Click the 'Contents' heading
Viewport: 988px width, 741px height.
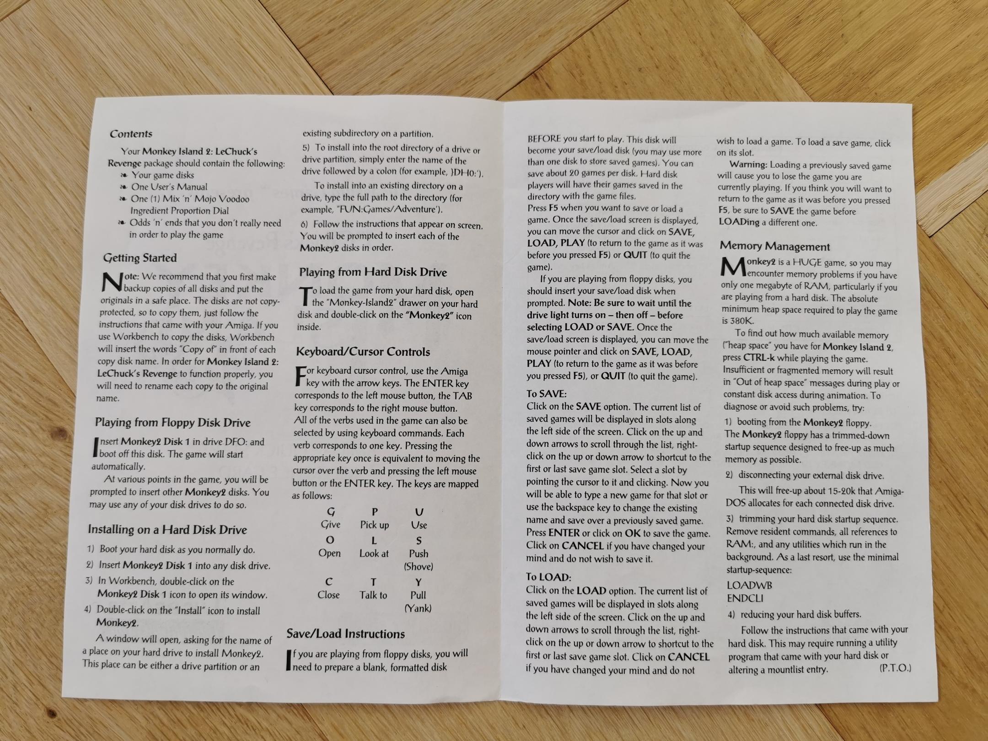pos(131,134)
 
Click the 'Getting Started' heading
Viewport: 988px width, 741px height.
pos(140,258)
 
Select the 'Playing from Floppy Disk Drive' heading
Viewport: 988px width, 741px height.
pos(172,423)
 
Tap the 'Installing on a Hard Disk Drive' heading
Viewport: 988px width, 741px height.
pos(167,530)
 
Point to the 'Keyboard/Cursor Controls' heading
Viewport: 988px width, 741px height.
pos(363,352)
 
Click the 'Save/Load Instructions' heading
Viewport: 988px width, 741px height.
pos(346,634)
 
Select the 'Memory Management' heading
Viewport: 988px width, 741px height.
pos(775,247)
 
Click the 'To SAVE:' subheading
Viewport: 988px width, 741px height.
pos(546,394)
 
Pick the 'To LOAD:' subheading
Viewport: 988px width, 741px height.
pos(548,577)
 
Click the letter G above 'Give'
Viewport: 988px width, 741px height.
pos(331,512)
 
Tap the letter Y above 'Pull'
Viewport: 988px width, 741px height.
pos(418,582)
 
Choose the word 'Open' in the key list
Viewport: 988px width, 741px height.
pos(329,553)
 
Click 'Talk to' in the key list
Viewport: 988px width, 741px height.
pos(373,595)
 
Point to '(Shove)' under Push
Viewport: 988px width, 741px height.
pos(418,567)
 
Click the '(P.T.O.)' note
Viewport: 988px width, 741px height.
pos(895,668)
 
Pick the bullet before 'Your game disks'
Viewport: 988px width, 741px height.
pos(123,176)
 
